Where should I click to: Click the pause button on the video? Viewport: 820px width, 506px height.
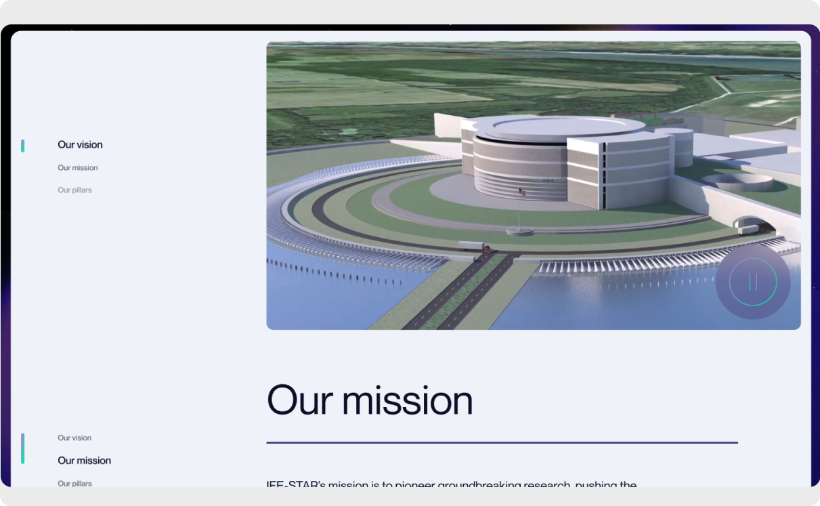[x=752, y=282]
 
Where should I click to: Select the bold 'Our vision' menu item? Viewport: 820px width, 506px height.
[x=80, y=145]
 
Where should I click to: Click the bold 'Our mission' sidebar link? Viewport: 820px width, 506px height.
[x=84, y=461]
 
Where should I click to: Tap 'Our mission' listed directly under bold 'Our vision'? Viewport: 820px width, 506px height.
[x=77, y=168]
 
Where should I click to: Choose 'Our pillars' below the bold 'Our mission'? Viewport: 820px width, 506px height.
[x=74, y=483]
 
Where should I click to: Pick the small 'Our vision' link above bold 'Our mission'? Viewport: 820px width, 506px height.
[x=74, y=438]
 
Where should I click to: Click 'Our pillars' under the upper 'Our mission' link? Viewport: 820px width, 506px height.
[x=74, y=190]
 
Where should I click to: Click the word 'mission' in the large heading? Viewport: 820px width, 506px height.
[x=407, y=400]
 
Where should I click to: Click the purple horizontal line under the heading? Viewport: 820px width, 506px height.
[x=501, y=443]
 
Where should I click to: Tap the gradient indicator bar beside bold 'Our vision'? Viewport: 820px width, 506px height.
[x=23, y=146]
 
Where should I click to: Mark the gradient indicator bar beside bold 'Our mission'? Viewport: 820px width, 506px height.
[x=23, y=449]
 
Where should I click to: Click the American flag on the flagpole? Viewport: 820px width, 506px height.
[x=522, y=192]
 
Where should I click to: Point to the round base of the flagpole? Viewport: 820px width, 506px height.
[x=519, y=231]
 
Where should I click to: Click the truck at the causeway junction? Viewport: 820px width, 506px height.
[x=471, y=247]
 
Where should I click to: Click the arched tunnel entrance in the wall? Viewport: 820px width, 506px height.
[x=748, y=223]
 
